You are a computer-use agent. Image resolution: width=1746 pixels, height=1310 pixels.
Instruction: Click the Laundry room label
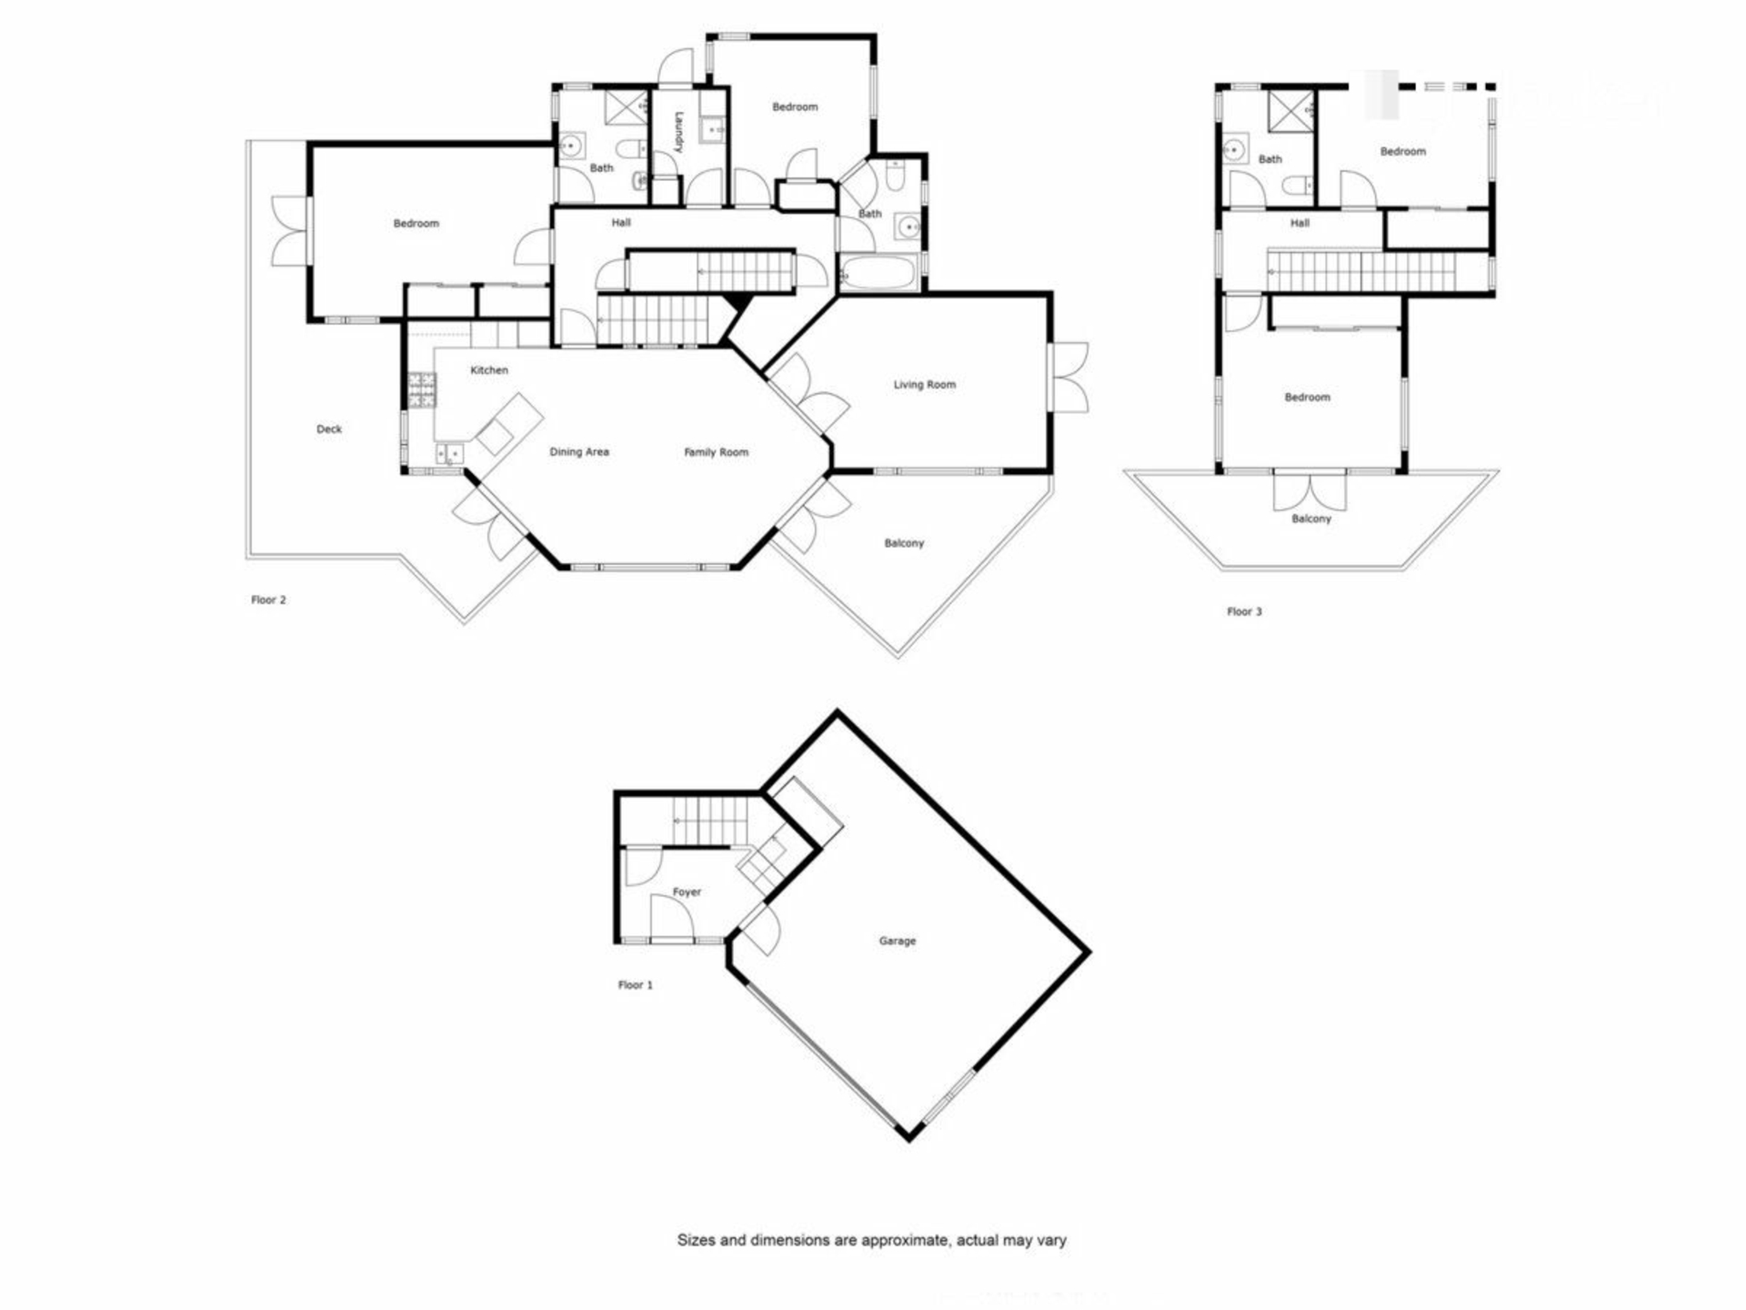click(x=678, y=132)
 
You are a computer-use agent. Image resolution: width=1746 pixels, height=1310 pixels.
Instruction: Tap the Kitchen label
click(x=489, y=370)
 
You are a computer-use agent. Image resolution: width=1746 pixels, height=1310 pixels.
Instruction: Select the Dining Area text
click(x=579, y=452)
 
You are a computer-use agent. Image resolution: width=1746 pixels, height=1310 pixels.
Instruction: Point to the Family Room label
click(x=717, y=452)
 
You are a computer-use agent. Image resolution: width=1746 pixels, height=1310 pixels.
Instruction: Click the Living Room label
click(x=925, y=385)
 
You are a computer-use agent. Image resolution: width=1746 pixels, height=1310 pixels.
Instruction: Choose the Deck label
click(x=329, y=429)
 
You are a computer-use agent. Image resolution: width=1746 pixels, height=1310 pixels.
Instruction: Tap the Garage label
click(x=898, y=941)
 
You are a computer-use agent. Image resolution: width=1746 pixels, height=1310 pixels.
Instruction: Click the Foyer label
click(x=687, y=892)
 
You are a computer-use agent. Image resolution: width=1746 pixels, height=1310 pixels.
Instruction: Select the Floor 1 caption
click(x=636, y=985)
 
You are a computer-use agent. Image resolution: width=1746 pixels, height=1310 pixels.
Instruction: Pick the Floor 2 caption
click(x=269, y=600)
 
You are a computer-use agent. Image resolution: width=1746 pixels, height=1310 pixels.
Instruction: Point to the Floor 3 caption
click(x=1245, y=612)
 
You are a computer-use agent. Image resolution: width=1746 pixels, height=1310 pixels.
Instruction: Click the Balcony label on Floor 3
click(x=1311, y=519)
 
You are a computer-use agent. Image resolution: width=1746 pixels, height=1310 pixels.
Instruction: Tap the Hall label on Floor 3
click(x=1300, y=223)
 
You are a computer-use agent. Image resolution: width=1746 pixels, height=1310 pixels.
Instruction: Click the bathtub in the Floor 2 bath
click(x=878, y=274)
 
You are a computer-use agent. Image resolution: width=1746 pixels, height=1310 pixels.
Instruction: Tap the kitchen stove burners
click(x=421, y=389)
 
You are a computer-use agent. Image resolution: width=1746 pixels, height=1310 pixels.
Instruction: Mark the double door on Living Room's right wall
click(x=1069, y=378)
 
